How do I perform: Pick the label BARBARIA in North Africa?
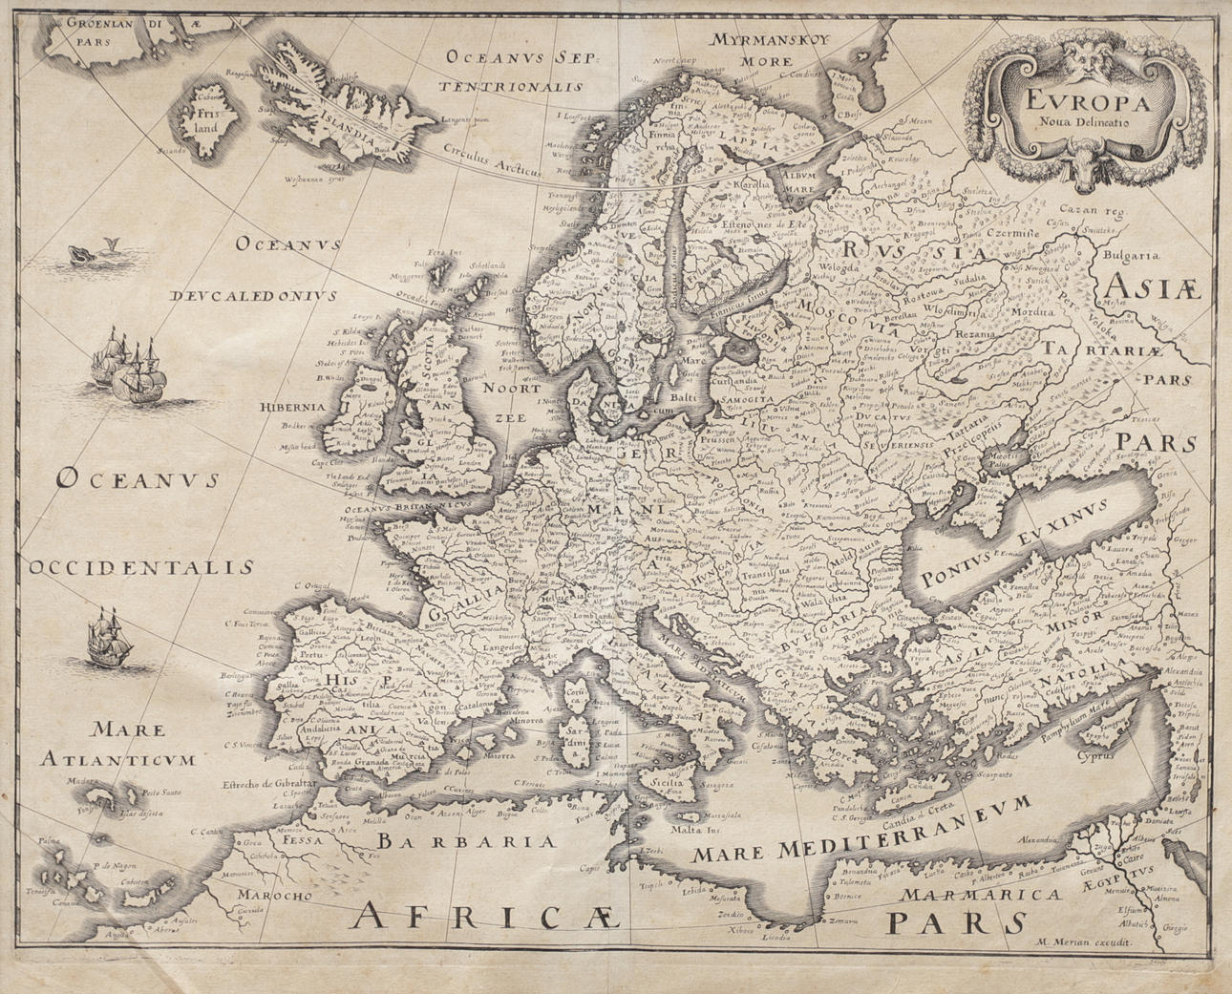coord(465,841)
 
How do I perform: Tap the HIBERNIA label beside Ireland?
coord(291,406)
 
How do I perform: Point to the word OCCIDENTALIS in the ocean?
coord(140,568)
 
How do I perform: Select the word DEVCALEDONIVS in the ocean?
coord(254,296)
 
